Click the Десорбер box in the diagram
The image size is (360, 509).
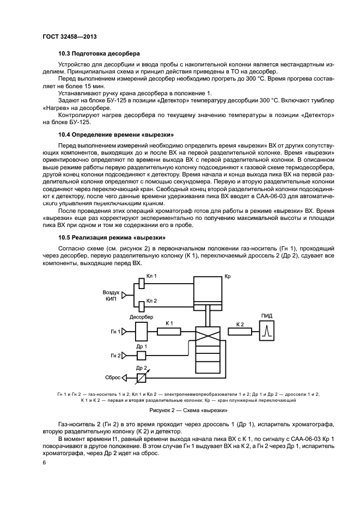point(141,330)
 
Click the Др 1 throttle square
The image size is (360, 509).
point(141,355)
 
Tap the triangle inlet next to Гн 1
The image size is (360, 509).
point(124,330)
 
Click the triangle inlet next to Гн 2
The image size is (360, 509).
point(124,355)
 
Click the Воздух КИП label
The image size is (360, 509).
point(111,295)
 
